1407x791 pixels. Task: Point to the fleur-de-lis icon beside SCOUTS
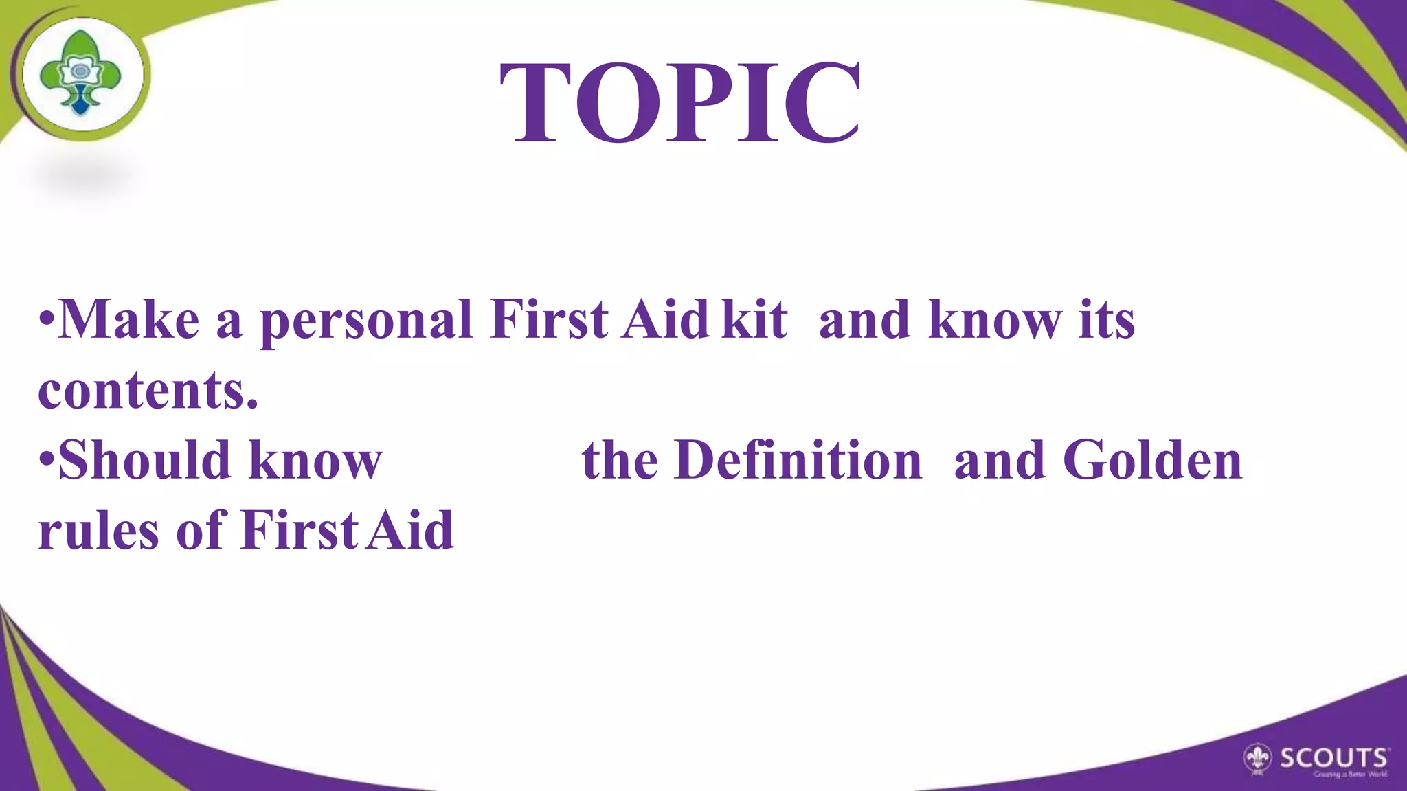pos(1258,759)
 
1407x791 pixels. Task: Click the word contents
pos(148,391)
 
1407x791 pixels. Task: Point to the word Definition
pos(798,461)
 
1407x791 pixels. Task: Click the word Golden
pos(1153,461)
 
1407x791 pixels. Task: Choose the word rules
pos(98,531)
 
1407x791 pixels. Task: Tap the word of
pos(201,531)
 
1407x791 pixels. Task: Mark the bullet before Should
pos(47,461)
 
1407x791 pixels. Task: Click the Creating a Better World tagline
pos(1350,775)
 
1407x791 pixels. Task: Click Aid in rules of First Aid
pos(409,531)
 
